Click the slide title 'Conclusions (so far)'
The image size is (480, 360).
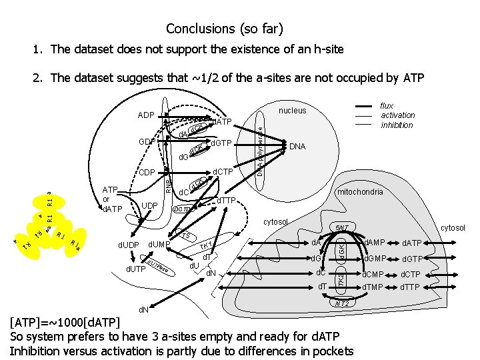click(225, 29)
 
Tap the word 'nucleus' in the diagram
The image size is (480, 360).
click(292, 111)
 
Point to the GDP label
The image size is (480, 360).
click(147, 142)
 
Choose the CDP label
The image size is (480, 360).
click(147, 173)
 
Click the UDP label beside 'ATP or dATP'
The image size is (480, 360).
click(150, 205)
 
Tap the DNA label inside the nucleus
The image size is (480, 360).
click(298, 146)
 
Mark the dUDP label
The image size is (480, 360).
click(129, 245)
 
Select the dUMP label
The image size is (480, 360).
click(159, 245)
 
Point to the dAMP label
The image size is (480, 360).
click(373, 243)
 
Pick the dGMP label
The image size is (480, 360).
click(373, 259)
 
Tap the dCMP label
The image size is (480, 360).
click(373, 274)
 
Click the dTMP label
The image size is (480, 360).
click(373, 288)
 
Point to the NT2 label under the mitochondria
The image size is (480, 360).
click(341, 303)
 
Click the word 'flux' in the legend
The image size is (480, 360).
click(386, 105)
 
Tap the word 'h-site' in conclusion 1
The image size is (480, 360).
click(328, 49)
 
